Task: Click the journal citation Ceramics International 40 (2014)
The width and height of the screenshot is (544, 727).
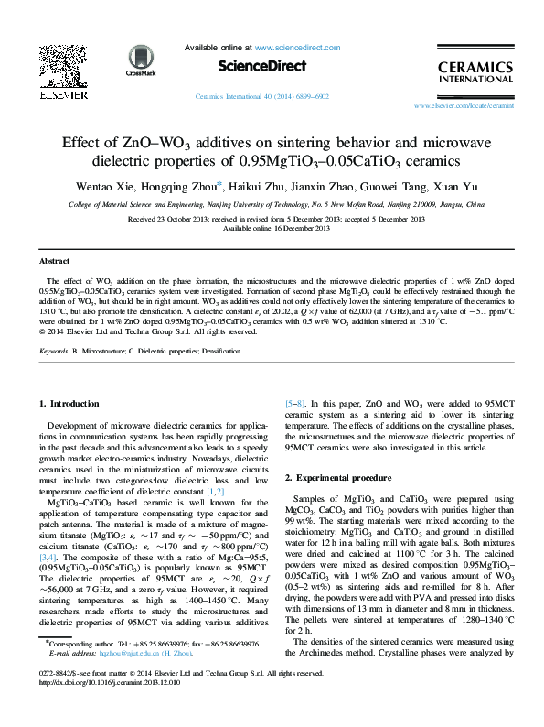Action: [250, 96]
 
